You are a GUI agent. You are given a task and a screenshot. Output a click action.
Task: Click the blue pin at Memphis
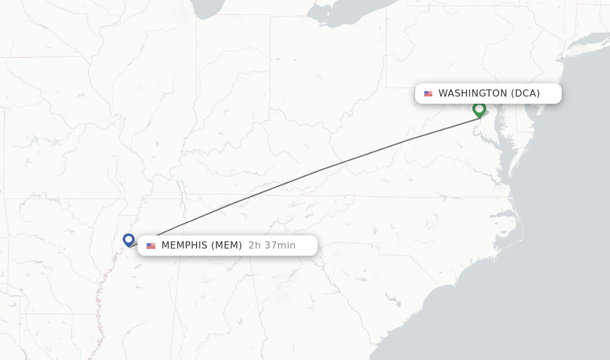129,240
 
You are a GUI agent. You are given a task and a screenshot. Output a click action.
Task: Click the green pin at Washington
479,109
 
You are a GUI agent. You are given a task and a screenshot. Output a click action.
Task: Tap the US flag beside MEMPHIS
151,246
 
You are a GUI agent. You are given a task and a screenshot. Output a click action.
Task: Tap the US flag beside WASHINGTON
428,94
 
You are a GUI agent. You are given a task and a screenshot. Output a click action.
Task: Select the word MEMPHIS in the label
184,246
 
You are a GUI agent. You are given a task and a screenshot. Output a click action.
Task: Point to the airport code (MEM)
226,246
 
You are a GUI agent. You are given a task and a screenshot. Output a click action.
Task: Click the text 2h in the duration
254,246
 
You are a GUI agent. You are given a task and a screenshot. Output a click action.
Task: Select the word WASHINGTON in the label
472,94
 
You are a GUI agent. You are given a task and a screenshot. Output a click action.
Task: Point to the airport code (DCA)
525,94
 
